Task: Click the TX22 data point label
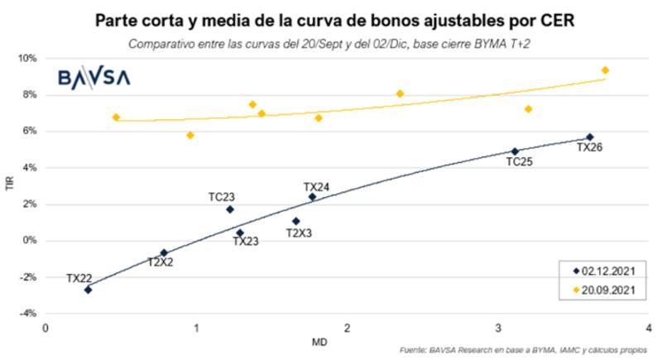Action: (79, 278)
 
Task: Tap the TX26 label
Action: (590, 148)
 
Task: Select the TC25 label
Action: (520, 162)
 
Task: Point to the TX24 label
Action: (316, 187)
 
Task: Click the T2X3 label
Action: (299, 233)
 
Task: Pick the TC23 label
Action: (221, 197)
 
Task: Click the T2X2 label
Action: (161, 262)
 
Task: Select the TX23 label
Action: (246, 241)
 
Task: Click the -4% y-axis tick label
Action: (27, 314)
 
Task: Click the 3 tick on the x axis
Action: (497, 328)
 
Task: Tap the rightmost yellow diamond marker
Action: (605, 70)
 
